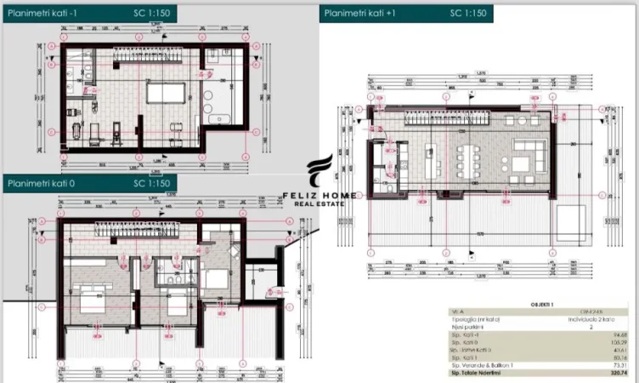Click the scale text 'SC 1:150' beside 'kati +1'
467,13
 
